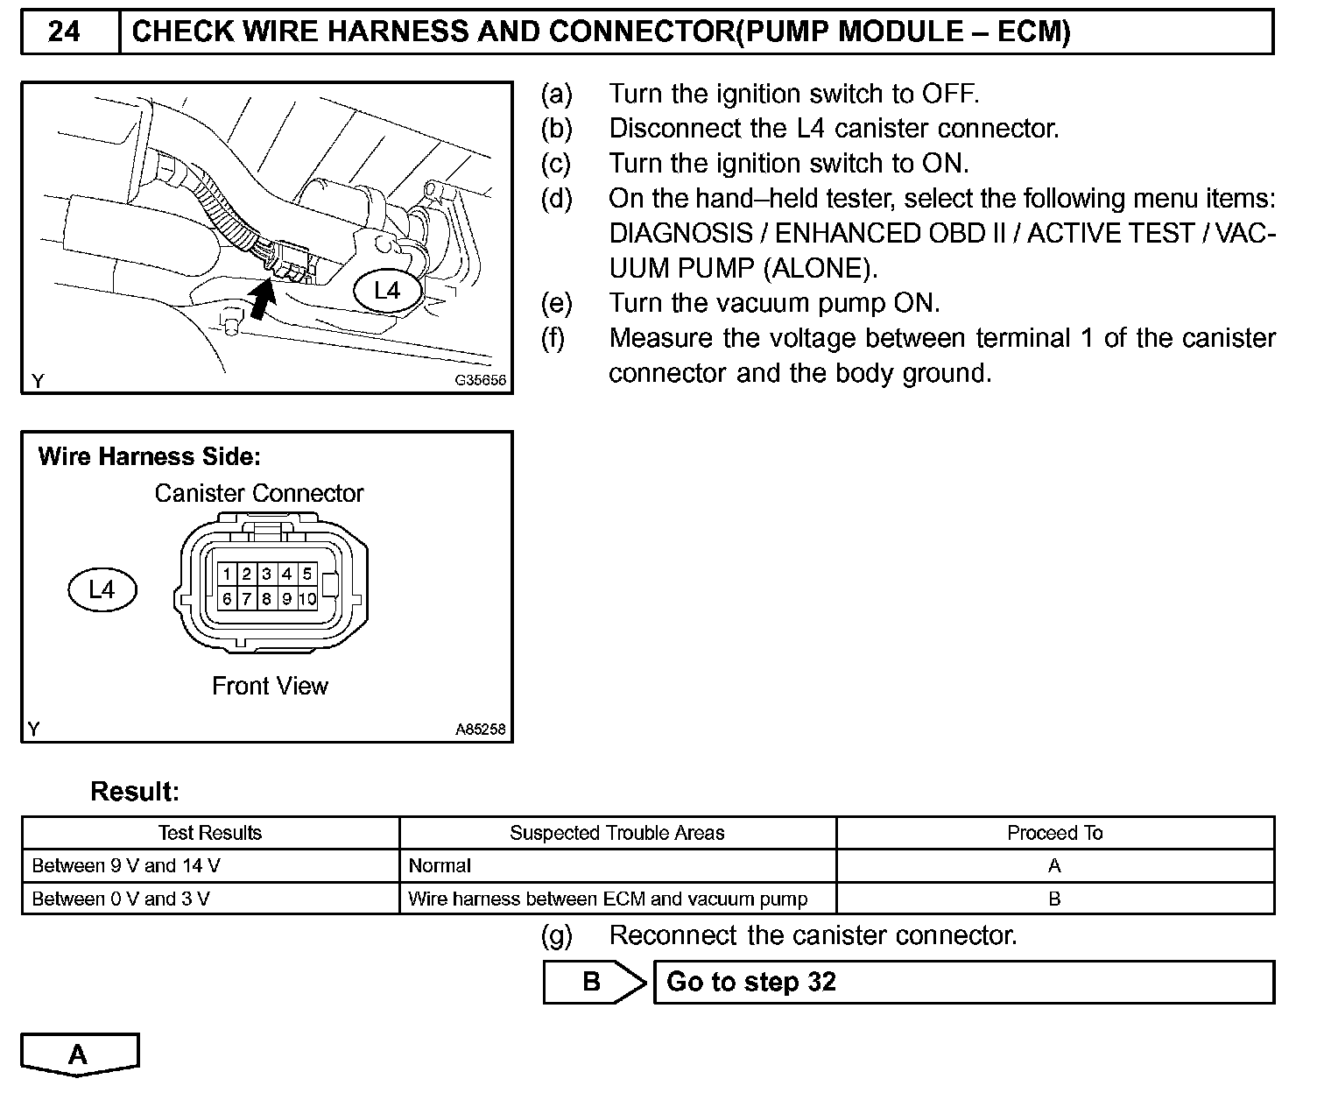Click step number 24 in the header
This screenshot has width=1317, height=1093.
64,32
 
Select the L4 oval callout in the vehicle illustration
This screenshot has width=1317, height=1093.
387,291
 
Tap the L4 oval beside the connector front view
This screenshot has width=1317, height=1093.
102,589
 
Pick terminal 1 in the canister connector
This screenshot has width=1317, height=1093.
227,575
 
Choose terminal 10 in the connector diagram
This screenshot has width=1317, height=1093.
306,599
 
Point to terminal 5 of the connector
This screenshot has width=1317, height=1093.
306,575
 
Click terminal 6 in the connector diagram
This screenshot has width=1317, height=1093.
227,599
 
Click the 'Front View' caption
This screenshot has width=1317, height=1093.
270,686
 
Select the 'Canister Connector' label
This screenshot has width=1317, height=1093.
258,493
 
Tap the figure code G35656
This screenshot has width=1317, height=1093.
480,382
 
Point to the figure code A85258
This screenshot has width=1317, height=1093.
480,730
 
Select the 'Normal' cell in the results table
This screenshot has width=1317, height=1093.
440,866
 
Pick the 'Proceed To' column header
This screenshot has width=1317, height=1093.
1054,833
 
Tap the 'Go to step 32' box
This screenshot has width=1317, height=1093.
963,982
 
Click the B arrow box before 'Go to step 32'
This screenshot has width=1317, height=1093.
594,982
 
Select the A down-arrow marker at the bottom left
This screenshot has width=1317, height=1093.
79,1054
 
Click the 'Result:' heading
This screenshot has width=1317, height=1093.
135,792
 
